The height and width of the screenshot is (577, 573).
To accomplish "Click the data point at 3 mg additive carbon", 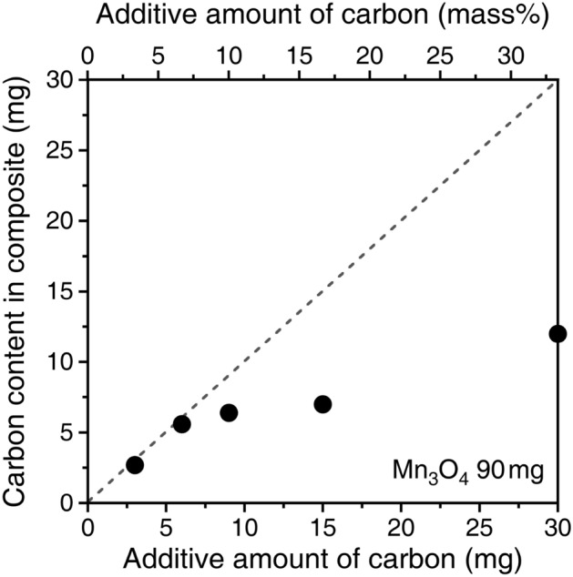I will pyautogui.click(x=135, y=465).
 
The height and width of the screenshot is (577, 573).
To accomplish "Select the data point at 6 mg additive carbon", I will pyautogui.click(x=181, y=424).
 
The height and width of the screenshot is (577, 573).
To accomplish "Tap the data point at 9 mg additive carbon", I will pyautogui.click(x=229, y=412).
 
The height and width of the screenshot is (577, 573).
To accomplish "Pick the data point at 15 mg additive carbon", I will pyautogui.click(x=322, y=404).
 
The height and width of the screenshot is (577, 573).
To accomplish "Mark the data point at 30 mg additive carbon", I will pyautogui.click(x=558, y=334).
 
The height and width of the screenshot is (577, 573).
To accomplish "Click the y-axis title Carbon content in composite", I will pyautogui.click(x=17, y=291).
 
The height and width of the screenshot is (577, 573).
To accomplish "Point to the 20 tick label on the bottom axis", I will pyautogui.click(x=401, y=526).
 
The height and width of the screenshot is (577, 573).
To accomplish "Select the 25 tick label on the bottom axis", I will pyautogui.click(x=479, y=526).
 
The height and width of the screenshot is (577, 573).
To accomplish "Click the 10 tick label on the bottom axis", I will pyautogui.click(x=244, y=526).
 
